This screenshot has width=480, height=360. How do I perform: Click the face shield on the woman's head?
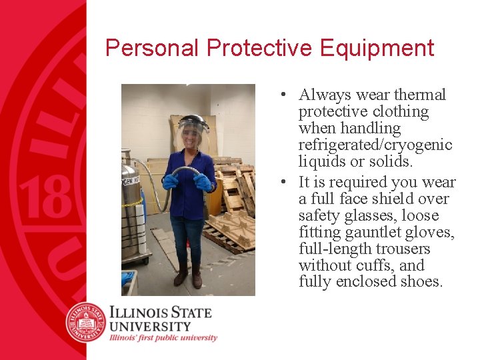click(x=193, y=130)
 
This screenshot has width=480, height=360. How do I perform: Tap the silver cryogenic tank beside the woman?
click(x=130, y=200)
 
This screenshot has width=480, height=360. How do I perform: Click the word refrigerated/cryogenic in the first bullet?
click(x=375, y=145)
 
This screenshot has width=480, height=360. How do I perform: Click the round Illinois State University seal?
click(x=86, y=322)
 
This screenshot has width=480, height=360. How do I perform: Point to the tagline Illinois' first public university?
click(x=163, y=338)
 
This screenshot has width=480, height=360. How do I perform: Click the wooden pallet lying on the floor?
click(x=230, y=230)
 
